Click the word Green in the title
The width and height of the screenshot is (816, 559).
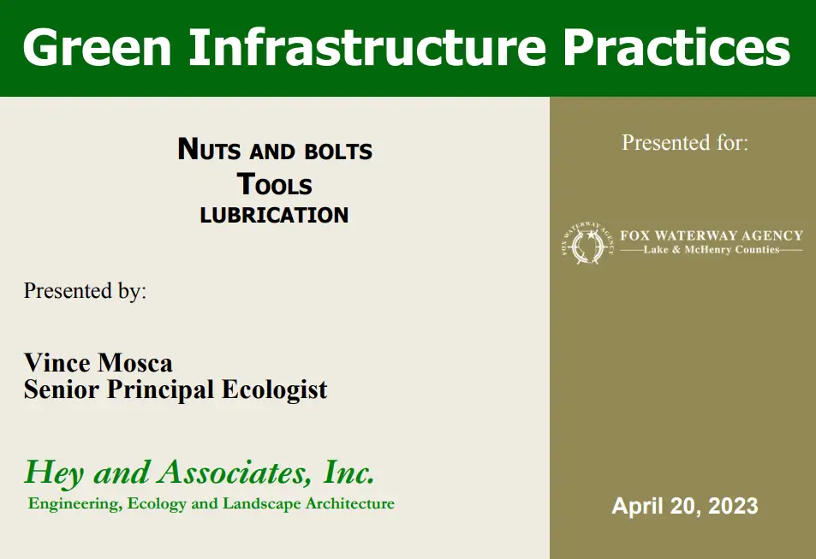(x=98, y=47)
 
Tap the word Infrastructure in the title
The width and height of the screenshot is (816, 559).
(x=367, y=47)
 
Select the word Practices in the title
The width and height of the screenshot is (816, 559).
(x=676, y=47)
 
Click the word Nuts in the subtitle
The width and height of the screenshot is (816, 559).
(x=209, y=149)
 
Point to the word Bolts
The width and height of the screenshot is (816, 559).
(x=338, y=152)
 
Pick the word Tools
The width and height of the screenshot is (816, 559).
(x=274, y=184)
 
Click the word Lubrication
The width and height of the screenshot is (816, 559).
(x=274, y=215)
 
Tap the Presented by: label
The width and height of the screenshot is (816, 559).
(x=86, y=291)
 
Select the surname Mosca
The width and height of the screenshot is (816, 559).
(x=135, y=363)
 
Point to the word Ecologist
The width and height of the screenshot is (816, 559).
(x=275, y=390)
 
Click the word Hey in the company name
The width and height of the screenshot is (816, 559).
(x=54, y=473)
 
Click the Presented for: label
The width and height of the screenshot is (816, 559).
(x=685, y=143)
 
